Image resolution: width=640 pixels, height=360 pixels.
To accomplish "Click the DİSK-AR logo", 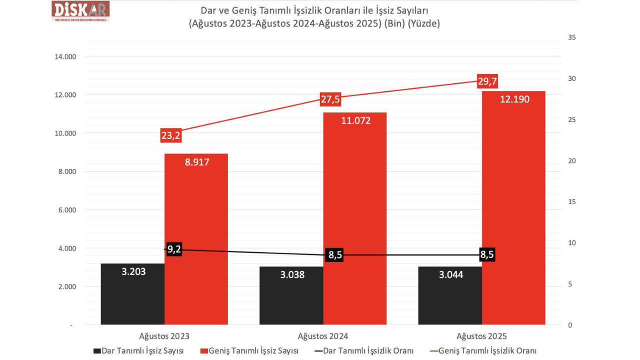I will pos(80,11).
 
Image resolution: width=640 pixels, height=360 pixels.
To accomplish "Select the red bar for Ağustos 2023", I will pos(196,240).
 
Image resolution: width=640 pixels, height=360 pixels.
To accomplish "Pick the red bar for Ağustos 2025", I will pos(513,210).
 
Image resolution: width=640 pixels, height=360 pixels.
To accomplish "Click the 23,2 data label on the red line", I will pos(171,135).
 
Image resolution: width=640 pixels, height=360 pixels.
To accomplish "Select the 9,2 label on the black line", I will pos(174,249).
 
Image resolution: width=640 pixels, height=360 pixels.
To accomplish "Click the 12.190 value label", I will pos(514,99).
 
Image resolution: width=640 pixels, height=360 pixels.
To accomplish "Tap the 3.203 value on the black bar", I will pos(133,271).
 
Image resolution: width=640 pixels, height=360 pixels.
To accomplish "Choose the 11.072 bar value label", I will pos(355,120).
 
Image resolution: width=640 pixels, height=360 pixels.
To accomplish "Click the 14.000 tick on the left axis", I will pos(65,57).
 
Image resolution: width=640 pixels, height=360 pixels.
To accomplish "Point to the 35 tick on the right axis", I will pos(572,37).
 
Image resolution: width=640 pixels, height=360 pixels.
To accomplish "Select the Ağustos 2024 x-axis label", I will pos(323,336).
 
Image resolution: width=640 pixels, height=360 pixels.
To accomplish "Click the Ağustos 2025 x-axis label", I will pos(481,336).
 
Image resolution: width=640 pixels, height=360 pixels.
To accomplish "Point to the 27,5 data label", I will pos(330,99).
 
